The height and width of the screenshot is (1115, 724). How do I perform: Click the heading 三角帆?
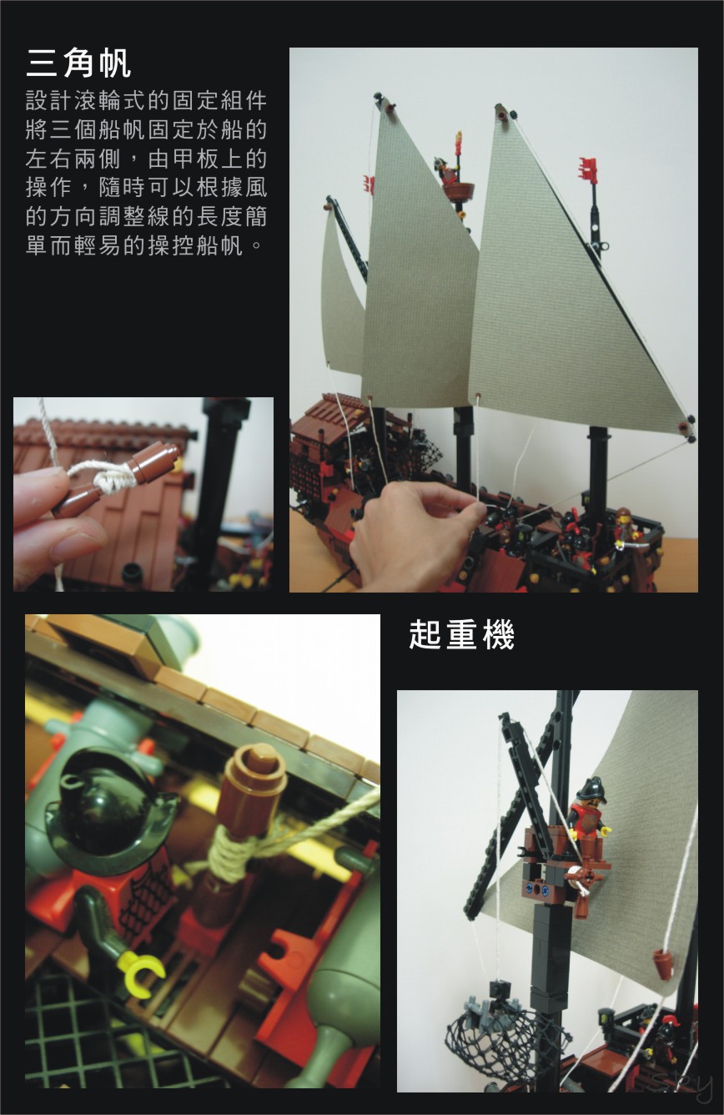[x=79, y=63]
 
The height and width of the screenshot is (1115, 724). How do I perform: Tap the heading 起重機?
[x=461, y=635]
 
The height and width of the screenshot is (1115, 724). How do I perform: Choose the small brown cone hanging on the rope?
[x=664, y=964]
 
